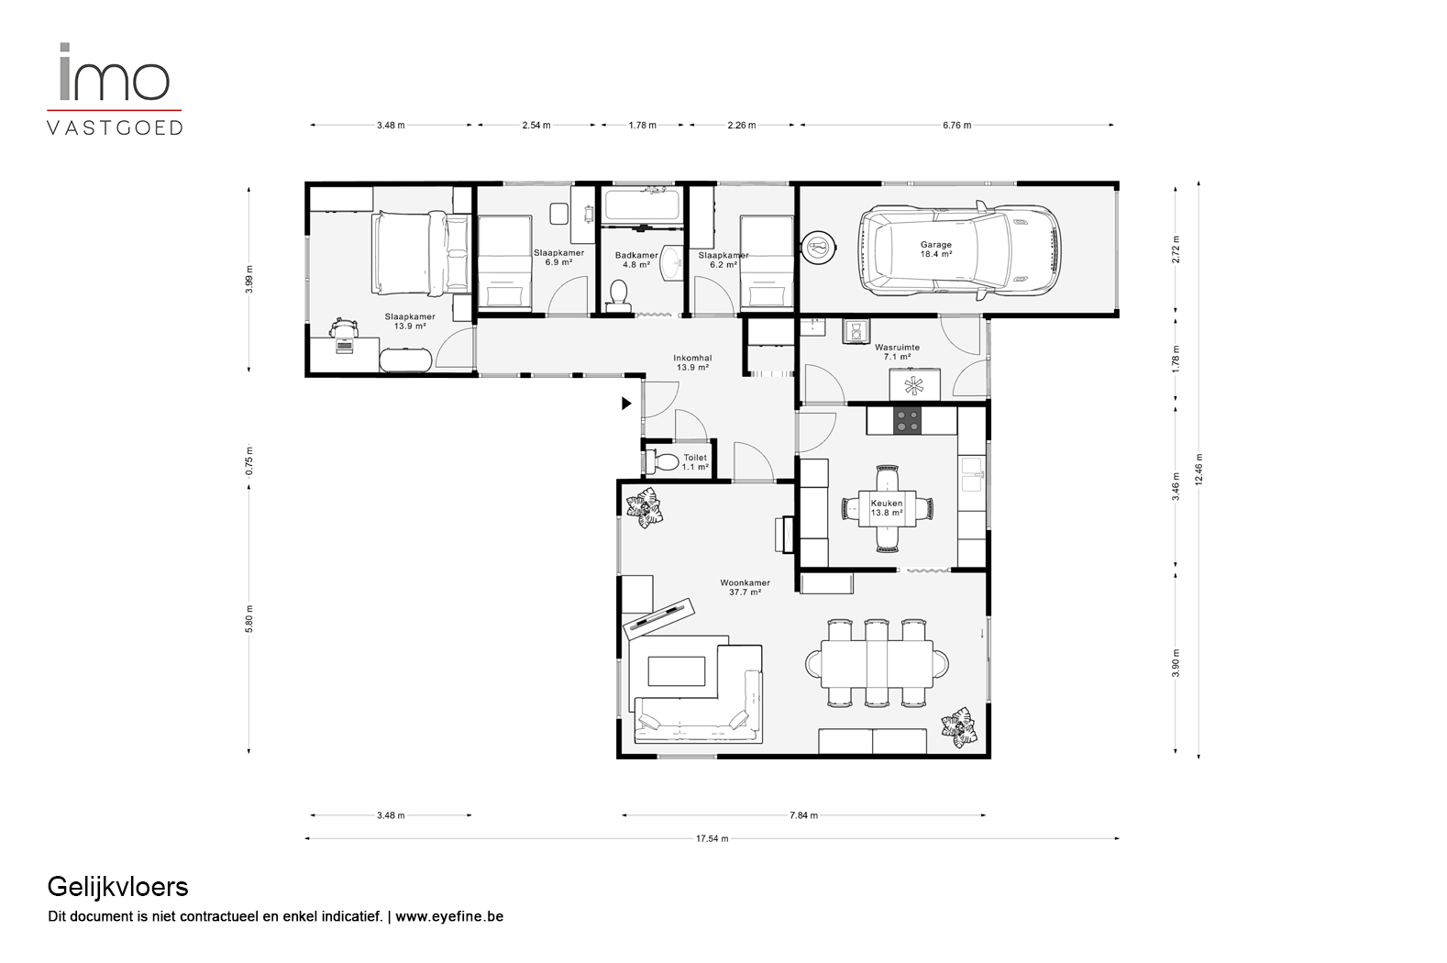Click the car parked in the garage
pyautogui.click(x=959, y=250)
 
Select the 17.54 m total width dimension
pyautogui.click(x=712, y=839)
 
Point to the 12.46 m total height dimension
pyautogui.click(x=1198, y=470)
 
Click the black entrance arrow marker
pyautogui.click(x=626, y=404)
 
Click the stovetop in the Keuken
pyautogui.click(x=907, y=421)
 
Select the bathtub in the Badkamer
pyautogui.click(x=643, y=205)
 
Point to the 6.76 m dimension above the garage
pyautogui.click(x=956, y=126)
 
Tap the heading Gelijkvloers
pyautogui.click(x=117, y=888)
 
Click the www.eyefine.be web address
pyautogui.click(x=449, y=916)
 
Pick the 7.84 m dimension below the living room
pyautogui.click(x=803, y=815)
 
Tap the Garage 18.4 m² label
pyautogui.click(x=936, y=249)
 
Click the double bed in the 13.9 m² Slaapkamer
pyautogui.click(x=421, y=253)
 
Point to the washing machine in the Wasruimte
pyautogui.click(x=856, y=332)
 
